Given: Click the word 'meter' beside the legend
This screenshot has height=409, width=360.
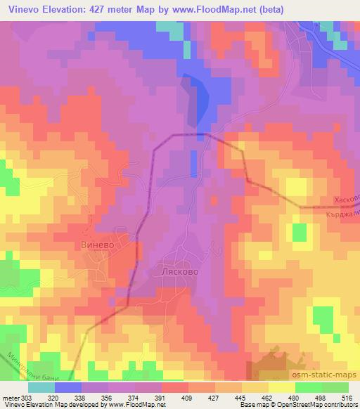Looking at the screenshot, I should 11,397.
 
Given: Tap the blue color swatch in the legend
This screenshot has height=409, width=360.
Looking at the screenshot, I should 68,387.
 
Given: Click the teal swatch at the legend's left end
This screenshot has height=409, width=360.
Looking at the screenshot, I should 41,387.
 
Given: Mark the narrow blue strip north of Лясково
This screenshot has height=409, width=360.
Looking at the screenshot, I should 193,163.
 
